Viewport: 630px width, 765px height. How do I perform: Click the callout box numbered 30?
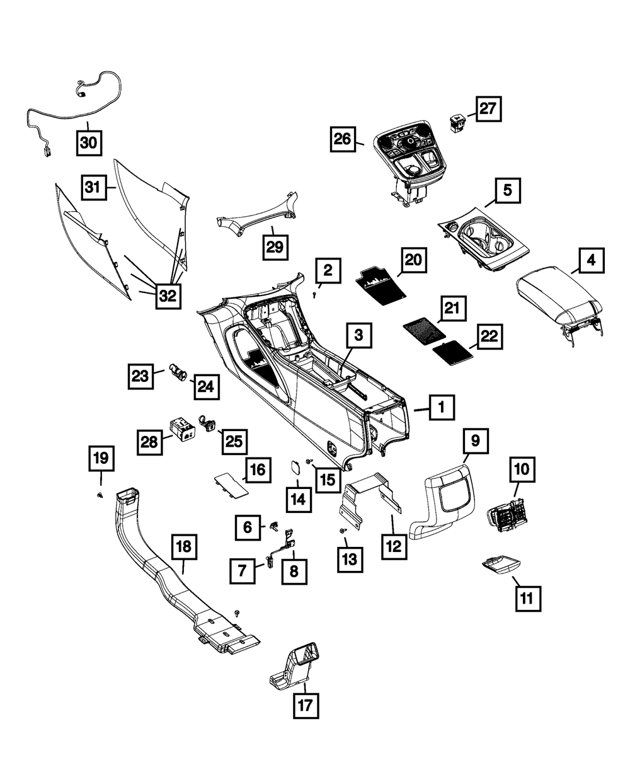coord(89,142)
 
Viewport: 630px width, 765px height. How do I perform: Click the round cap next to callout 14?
coord(295,469)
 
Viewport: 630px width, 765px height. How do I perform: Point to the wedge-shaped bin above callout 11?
coord(501,563)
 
